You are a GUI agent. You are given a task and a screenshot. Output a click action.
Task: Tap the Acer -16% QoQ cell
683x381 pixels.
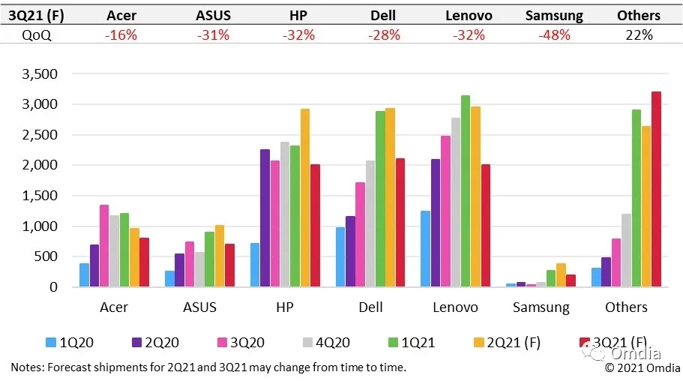pyautogui.click(x=121, y=35)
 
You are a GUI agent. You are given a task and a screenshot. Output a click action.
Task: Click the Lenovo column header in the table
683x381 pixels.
pyautogui.click(x=469, y=15)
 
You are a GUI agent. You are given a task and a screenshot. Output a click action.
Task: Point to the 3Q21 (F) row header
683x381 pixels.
pyautogui.click(x=35, y=15)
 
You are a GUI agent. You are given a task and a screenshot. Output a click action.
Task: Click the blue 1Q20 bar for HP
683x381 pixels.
pyautogui.click(x=255, y=265)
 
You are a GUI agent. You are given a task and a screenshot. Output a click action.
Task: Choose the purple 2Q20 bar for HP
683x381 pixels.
pyautogui.click(x=265, y=218)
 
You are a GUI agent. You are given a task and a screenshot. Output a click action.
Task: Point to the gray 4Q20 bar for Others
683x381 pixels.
pyautogui.click(x=626, y=250)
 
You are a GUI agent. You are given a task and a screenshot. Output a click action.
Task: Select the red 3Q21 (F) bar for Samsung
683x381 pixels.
pyautogui.click(x=571, y=280)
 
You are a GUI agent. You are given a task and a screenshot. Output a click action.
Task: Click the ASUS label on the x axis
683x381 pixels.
pyautogui.click(x=199, y=307)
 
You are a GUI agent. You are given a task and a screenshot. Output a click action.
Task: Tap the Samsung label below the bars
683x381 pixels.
pyautogui.click(x=541, y=307)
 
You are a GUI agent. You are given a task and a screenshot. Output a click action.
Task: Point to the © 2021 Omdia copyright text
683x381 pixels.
pyautogui.click(x=643, y=367)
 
